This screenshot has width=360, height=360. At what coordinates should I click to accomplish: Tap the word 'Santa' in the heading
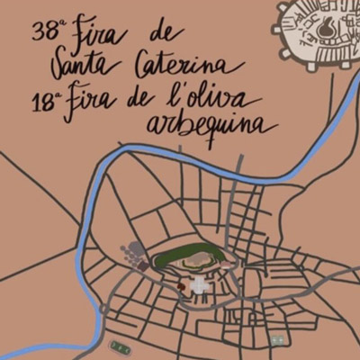pos(83,64)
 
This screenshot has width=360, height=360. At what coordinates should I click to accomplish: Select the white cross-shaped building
pos(200,288)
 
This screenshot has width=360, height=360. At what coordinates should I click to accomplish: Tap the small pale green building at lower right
pos(278,339)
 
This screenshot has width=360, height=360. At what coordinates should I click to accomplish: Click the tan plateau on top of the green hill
pos(194,262)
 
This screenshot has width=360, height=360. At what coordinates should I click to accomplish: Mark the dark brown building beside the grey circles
pos(142,264)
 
